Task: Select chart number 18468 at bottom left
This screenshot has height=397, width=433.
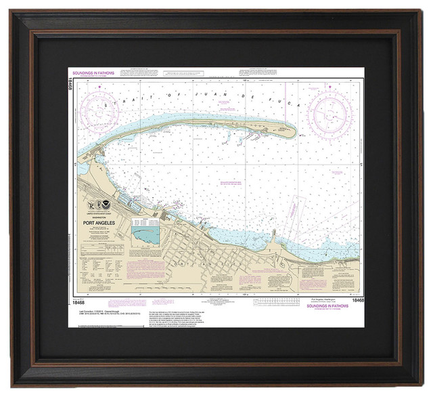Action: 76,281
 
